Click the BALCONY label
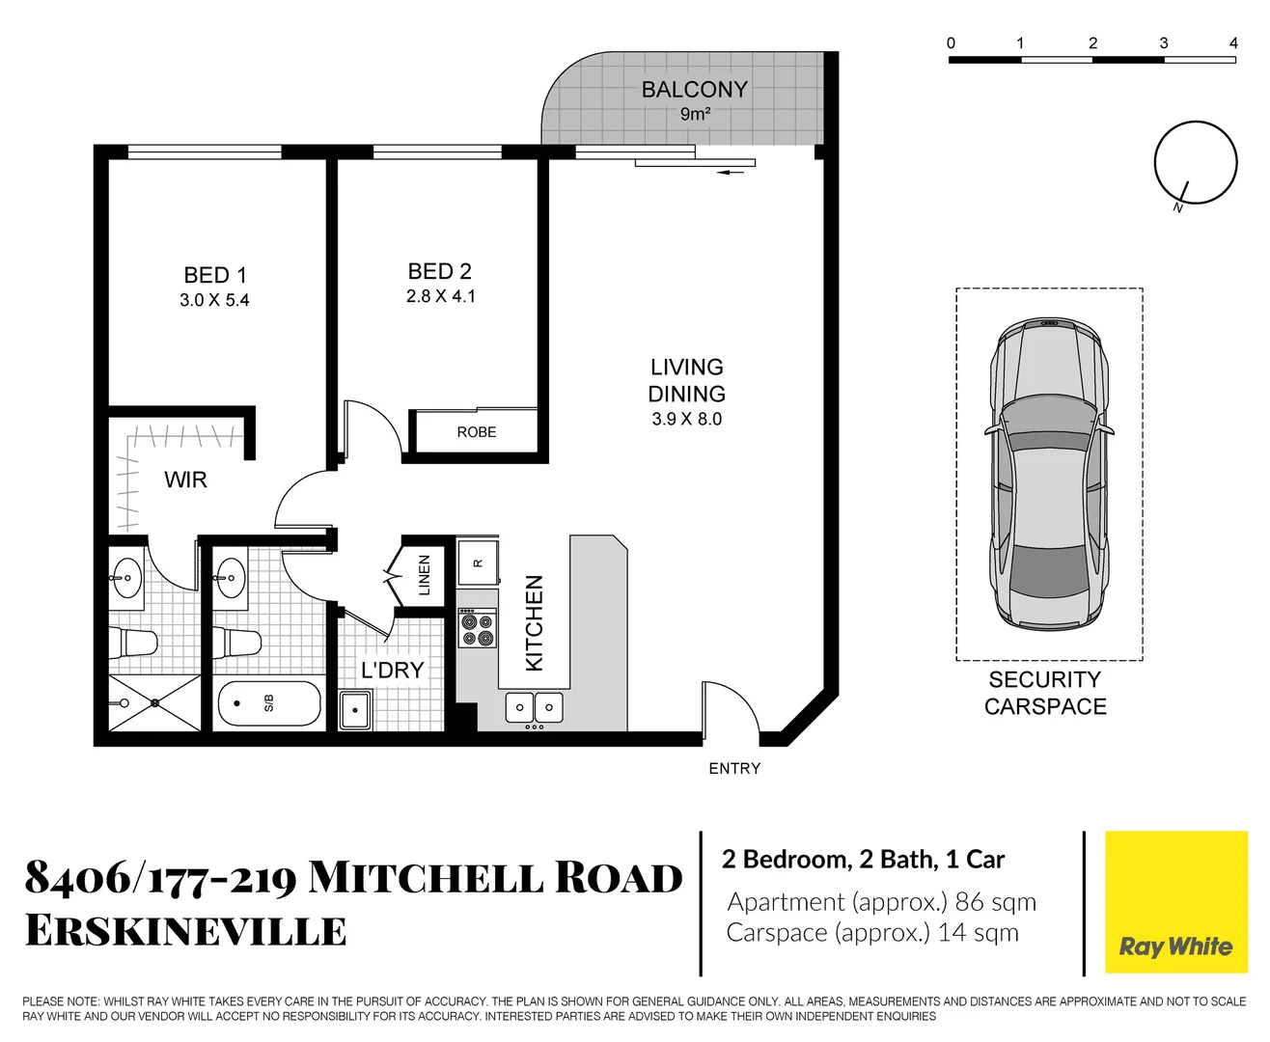pos(694,90)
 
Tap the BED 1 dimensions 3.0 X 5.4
pos(214,300)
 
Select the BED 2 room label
pos(439,271)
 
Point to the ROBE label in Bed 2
pos(477,432)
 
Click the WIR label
pos(185,480)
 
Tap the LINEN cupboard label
pos(424,575)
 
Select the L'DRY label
pos(392,670)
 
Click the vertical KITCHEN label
pos(534,623)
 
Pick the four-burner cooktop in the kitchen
pos(477,628)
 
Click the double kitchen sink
pos(535,708)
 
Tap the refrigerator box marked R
pos(478,562)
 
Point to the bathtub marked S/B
pos(269,703)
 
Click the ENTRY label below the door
pos(734,769)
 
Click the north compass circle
pos(1196,162)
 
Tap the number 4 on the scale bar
pos(1233,43)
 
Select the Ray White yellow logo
pos(1175,902)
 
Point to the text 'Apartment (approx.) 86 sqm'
pos(881,902)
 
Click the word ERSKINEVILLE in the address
pos(185,931)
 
